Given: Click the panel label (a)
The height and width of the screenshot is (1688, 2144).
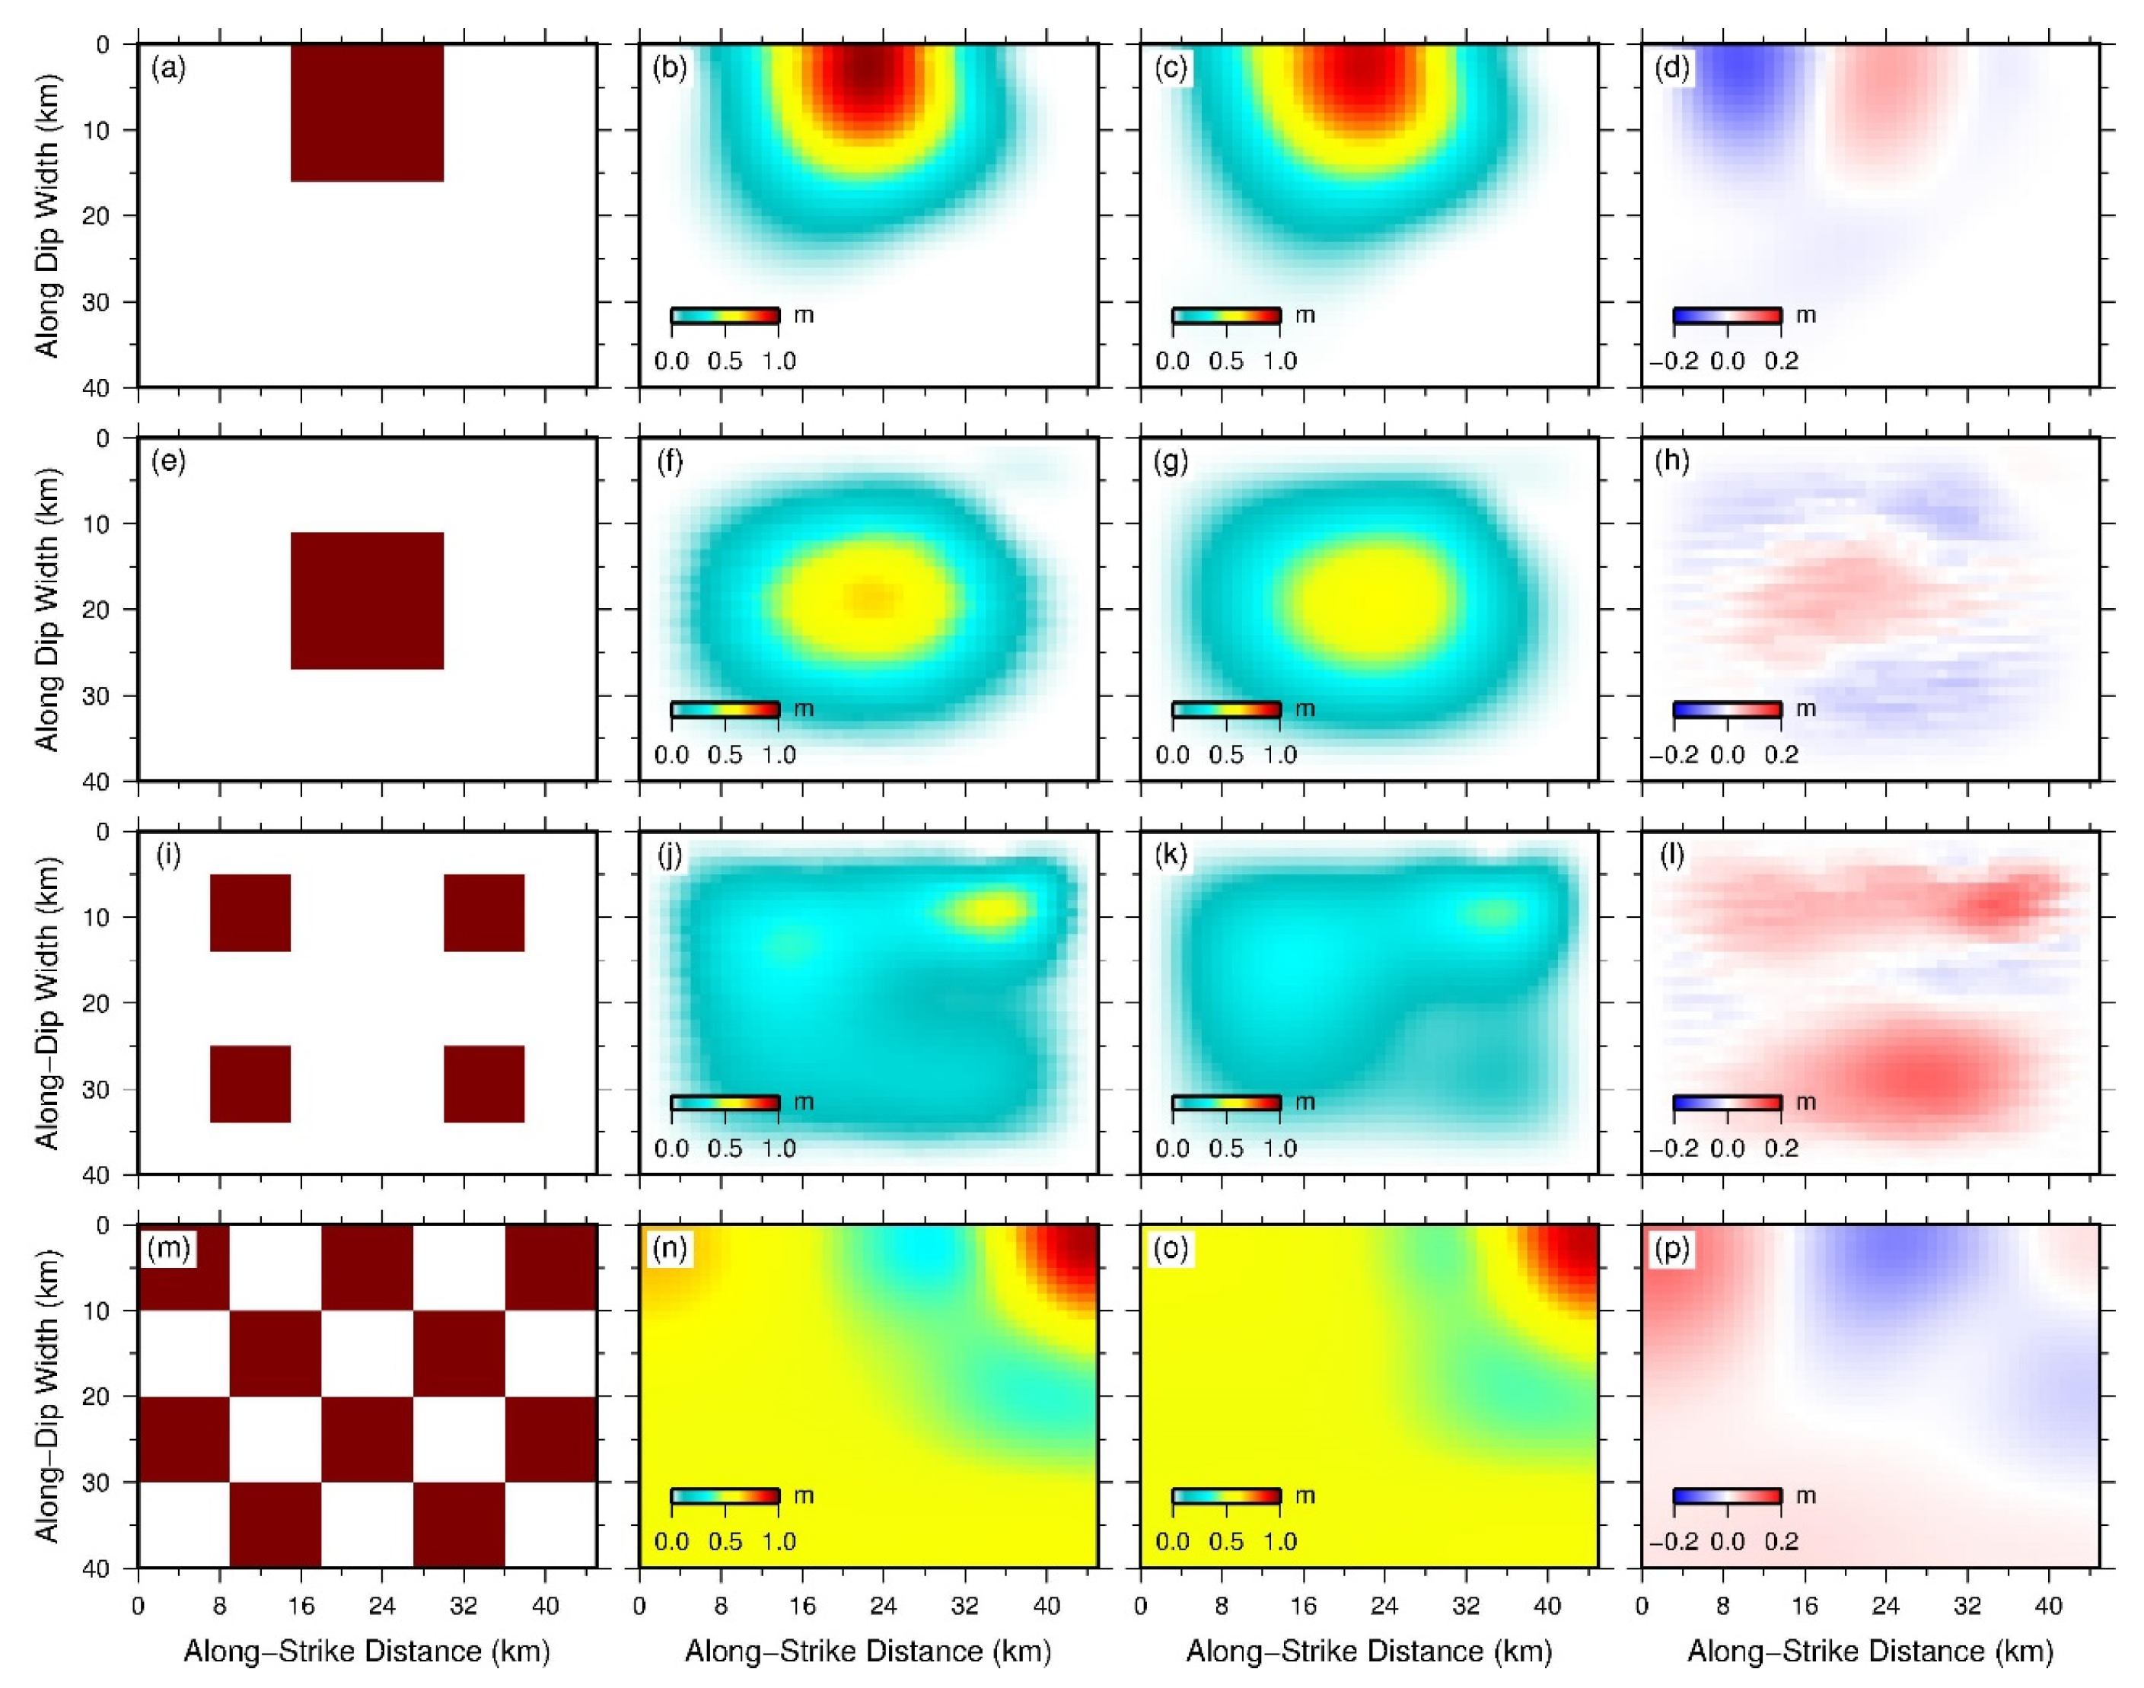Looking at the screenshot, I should tap(168, 68).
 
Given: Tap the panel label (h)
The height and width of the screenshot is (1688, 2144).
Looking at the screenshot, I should tap(1671, 461).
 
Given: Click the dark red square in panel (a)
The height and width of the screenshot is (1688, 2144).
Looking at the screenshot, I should tap(367, 113).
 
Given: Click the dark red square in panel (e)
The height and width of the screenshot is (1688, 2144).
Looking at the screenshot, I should tap(367, 601).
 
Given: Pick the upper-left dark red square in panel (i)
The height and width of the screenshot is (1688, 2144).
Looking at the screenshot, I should tap(250, 913).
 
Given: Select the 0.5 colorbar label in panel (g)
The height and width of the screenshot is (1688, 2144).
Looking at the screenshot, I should tap(1225, 755).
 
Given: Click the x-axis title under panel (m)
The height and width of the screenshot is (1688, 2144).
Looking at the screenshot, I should tap(367, 1651).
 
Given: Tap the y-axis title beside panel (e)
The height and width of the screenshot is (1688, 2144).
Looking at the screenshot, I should tap(46, 609).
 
